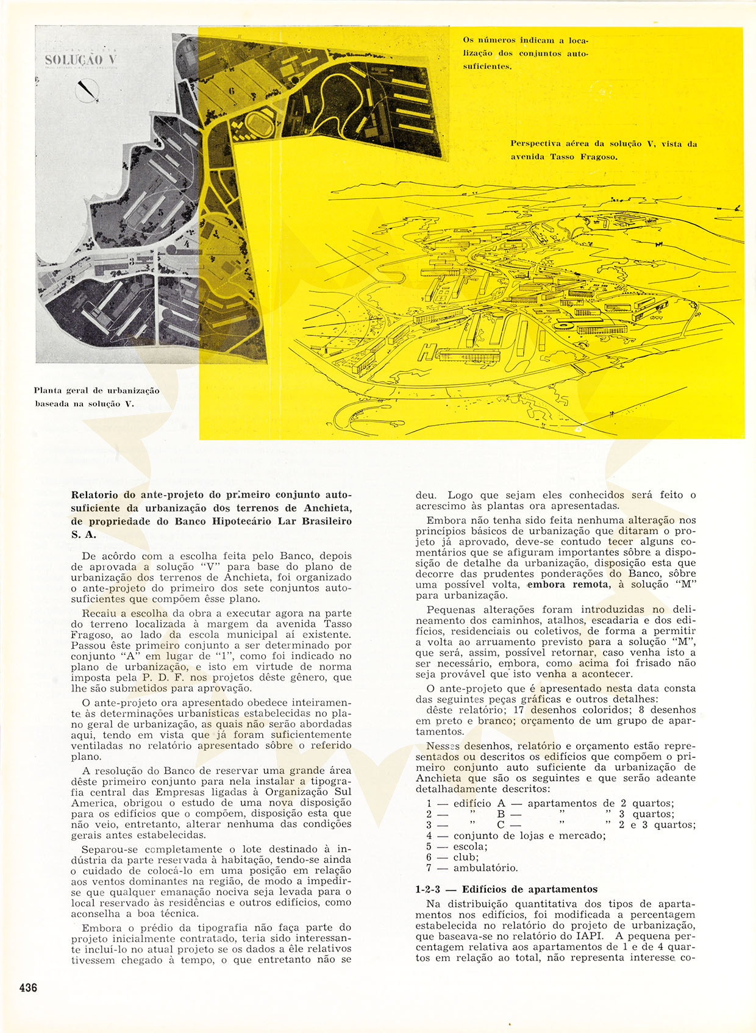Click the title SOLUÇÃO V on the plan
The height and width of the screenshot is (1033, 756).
click(80, 60)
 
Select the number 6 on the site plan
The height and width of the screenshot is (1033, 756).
click(232, 91)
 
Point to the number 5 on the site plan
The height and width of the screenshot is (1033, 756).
click(160, 213)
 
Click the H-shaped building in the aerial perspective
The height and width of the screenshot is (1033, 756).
click(428, 352)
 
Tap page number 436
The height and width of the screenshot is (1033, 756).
click(28, 987)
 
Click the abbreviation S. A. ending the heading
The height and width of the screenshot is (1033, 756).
click(84, 535)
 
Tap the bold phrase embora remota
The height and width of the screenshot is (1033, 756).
click(568, 584)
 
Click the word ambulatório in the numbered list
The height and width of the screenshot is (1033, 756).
click(485, 868)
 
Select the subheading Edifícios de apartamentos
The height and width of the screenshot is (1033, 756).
click(529, 889)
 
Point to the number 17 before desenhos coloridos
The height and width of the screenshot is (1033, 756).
click(518, 710)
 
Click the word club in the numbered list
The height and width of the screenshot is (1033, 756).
click(466, 857)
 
